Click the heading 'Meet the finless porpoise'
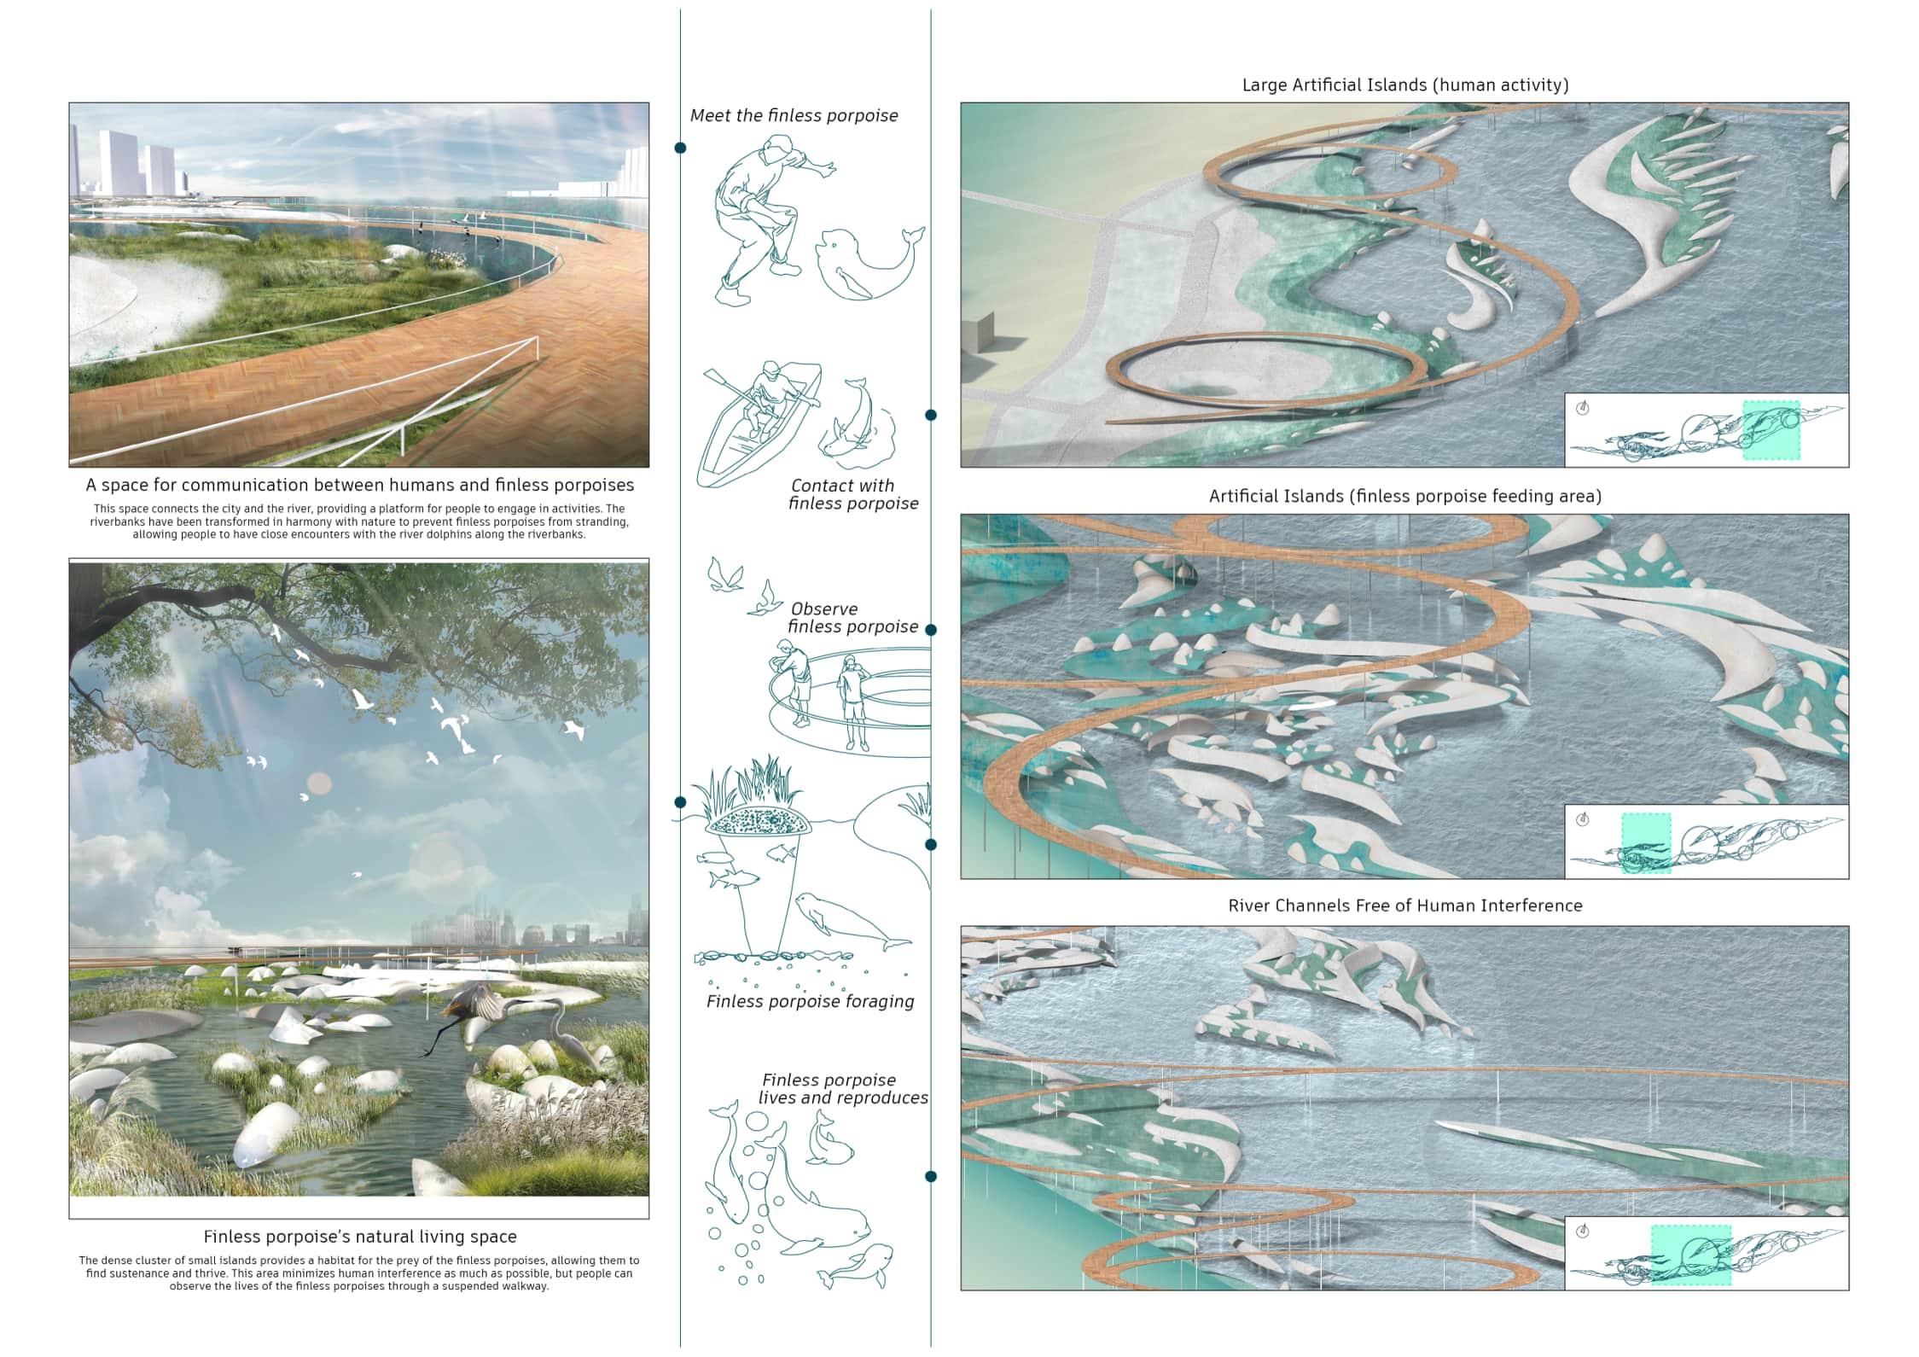click(x=794, y=116)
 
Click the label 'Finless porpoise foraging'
click(x=810, y=1002)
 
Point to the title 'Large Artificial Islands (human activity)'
click(x=1405, y=85)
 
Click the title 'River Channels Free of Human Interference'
click(x=1404, y=906)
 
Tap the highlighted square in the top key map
click(x=1771, y=430)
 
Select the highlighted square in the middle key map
click(x=1645, y=842)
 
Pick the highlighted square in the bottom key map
click(x=1690, y=1255)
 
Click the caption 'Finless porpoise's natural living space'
click(x=359, y=1237)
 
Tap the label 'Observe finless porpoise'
click(x=852, y=618)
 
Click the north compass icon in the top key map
click(x=1583, y=408)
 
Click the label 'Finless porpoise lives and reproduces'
click(x=842, y=1089)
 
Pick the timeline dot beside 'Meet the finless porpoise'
click(x=680, y=149)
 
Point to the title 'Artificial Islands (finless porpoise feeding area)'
click(x=1404, y=497)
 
